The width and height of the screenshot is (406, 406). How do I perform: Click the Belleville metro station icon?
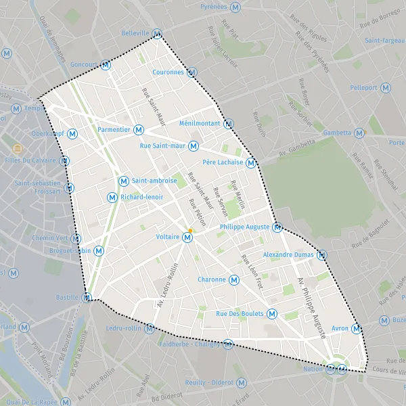[x=157, y=34]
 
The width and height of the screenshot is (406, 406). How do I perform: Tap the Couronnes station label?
[x=168, y=72]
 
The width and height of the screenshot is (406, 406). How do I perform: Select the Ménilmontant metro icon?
[x=229, y=124]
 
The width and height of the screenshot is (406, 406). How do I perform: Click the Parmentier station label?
[x=114, y=129]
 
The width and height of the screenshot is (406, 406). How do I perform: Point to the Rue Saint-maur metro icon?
[x=194, y=145]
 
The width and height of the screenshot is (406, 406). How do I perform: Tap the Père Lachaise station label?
[x=223, y=162]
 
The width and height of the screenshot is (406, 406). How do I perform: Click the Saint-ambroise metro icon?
[x=123, y=181]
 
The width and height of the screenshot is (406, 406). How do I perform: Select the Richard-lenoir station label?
[x=142, y=197]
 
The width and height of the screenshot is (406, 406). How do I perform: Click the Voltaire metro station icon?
[x=187, y=238]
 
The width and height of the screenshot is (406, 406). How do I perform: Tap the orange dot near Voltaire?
[x=191, y=231]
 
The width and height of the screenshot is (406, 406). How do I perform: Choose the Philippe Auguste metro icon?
[x=277, y=227]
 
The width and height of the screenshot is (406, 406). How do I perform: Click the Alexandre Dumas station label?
[x=288, y=254]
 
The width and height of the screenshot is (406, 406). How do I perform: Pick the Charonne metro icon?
[x=234, y=279]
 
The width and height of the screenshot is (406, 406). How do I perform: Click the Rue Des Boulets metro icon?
[x=271, y=313]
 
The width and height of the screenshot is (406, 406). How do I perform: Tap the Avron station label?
[x=340, y=329]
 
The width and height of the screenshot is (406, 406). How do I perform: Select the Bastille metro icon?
[x=87, y=297]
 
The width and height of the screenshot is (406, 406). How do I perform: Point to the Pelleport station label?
[x=364, y=88]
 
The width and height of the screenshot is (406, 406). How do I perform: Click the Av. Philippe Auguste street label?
[x=312, y=307]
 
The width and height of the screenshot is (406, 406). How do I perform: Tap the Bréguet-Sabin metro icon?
[x=99, y=250]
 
